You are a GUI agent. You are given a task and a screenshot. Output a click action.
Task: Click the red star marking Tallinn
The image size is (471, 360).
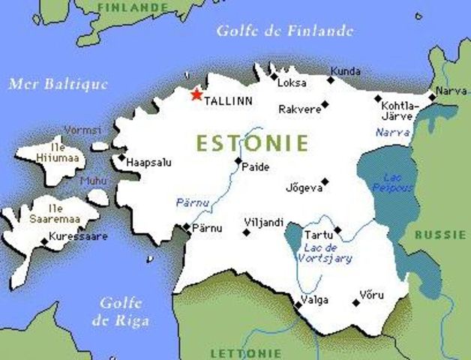point(196,94)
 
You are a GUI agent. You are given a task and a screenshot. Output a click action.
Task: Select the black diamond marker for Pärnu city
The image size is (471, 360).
point(187,226)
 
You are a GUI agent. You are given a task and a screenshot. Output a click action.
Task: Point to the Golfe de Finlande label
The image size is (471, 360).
point(284,31)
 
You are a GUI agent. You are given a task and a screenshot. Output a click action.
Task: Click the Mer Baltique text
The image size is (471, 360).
point(58,83)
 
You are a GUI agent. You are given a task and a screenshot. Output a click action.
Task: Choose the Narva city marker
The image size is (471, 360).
point(432,96)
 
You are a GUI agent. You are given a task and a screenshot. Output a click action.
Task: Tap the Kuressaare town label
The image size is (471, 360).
point(78,237)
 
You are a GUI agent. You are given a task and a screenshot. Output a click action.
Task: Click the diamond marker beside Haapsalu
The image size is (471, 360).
point(121,157)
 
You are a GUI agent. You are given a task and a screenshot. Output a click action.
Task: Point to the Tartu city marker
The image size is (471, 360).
point(337,230)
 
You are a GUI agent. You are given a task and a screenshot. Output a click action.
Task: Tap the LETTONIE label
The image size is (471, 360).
point(246,352)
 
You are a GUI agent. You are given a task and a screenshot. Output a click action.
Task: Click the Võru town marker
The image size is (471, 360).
point(355,303)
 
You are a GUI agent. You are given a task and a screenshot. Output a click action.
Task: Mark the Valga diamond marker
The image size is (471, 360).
point(298,304)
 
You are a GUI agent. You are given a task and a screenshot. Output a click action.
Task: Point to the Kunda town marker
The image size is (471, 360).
point(330,80)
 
